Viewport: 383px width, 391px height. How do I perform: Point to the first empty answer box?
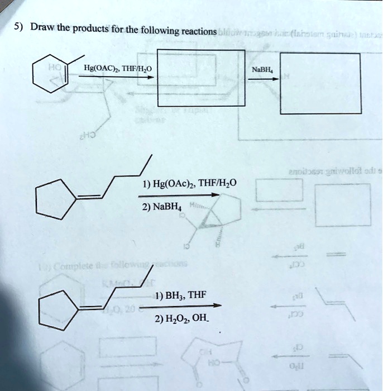(x=201, y=78)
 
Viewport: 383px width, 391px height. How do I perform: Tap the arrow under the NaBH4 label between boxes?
(x=262, y=79)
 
